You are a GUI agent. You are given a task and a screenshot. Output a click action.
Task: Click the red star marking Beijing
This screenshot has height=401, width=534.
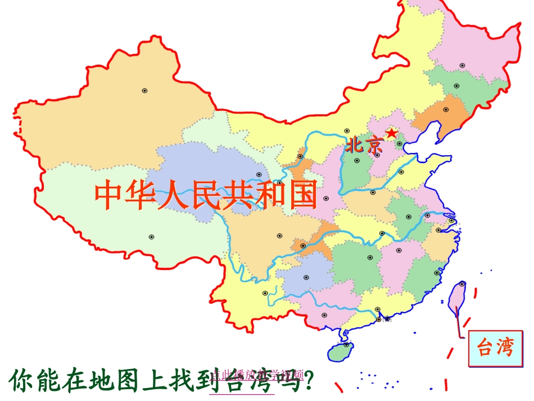pos(392,133)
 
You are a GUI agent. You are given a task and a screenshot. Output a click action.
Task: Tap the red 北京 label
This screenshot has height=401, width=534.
pos(364,146)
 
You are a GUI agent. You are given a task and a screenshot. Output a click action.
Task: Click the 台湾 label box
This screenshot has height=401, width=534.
pos(496,348)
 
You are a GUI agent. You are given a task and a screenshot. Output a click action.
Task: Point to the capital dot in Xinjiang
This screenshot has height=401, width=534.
pos(144,91)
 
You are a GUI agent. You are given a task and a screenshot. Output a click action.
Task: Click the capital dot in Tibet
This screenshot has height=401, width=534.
pos(151,237)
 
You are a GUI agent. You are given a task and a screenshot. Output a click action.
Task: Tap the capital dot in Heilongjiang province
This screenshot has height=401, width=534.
pos(463,65)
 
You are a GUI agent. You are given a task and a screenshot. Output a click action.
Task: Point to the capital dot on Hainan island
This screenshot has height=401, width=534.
pos(347,345)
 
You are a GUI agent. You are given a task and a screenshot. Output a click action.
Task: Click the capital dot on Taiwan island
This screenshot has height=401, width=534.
pos(462,284)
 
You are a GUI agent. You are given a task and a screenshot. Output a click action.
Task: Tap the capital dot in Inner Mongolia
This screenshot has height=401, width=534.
pos(347,130)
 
